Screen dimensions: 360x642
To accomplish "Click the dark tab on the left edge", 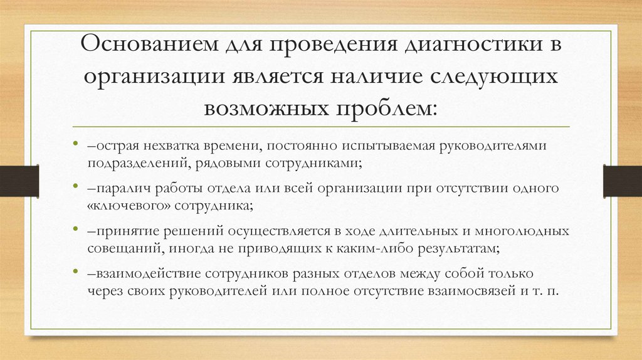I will [x=19, y=180].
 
